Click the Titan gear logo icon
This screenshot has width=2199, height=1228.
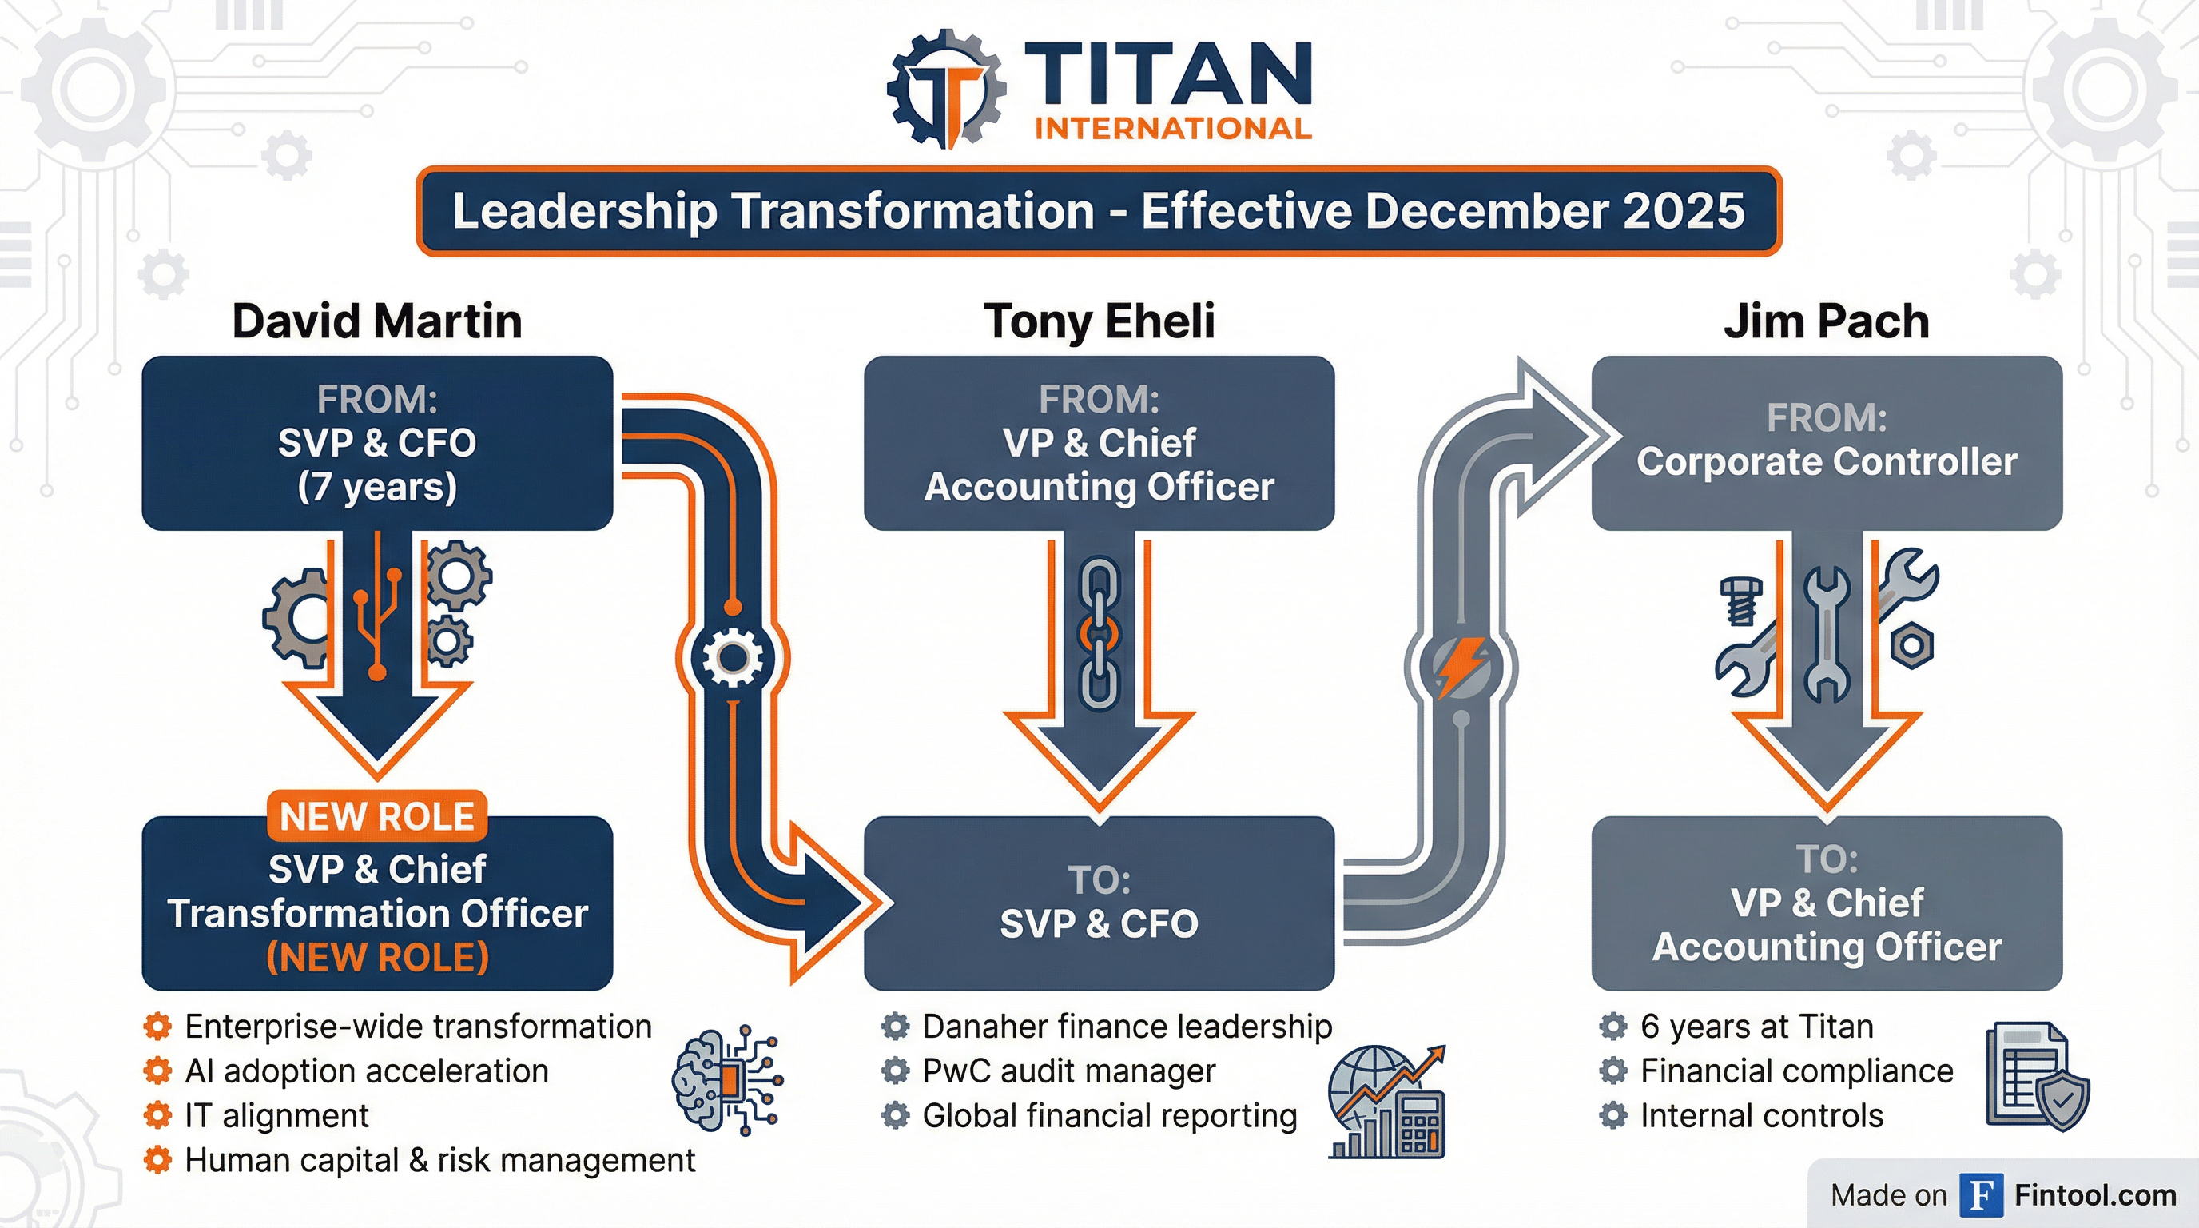(946, 90)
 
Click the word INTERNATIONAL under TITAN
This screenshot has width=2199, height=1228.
(1173, 129)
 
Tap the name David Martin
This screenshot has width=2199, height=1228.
(376, 321)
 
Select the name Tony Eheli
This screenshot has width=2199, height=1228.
(1099, 321)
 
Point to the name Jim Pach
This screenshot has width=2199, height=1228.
(1826, 321)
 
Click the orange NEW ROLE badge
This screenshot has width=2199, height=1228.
(376, 815)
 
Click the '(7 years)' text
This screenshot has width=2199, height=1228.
(376, 487)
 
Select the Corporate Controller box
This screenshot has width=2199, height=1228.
(1826, 443)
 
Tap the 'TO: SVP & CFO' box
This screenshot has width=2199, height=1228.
(1099, 903)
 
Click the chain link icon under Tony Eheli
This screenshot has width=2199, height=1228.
(1099, 634)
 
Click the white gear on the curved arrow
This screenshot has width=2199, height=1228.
(733, 656)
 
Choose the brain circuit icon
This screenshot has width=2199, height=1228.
(726, 1080)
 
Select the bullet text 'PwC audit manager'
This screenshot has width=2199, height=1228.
(1068, 1071)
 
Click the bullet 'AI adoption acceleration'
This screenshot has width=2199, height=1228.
(366, 1071)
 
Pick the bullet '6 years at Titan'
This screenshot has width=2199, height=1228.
(1756, 1027)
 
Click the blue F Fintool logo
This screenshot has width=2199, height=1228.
(1981, 1194)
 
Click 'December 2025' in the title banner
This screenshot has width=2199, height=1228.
(1553, 211)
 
